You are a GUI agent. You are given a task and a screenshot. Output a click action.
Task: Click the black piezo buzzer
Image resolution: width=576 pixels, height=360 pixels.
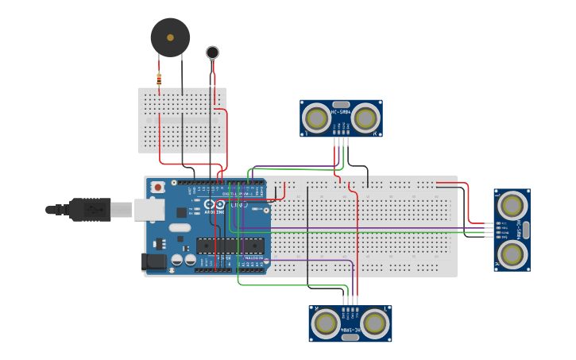[x=170, y=37]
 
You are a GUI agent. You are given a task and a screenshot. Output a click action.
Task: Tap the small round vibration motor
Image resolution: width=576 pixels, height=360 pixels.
[x=212, y=52]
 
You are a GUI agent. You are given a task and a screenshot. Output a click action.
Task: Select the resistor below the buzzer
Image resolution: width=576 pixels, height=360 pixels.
[x=159, y=79]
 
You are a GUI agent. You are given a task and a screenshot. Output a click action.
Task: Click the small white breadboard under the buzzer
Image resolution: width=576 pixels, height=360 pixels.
[x=182, y=120]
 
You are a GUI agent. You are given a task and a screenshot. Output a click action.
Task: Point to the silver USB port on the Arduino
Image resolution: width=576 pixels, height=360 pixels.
[x=149, y=209]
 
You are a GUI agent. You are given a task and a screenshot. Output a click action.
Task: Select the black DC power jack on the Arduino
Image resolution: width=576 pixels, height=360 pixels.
[x=153, y=261]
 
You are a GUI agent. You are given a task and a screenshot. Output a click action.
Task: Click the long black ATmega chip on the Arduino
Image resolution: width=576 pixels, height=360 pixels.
[x=230, y=248]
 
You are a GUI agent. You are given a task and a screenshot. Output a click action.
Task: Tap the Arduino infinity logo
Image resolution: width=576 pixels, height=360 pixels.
[x=214, y=204]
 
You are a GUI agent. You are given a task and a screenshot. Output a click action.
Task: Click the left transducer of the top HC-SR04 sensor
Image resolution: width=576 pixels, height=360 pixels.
[x=317, y=118]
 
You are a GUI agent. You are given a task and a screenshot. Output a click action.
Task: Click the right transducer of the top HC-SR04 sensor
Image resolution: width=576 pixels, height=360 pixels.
[x=365, y=118]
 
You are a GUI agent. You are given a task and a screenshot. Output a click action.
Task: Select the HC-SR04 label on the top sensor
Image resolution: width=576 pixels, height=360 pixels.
[x=341, y=112]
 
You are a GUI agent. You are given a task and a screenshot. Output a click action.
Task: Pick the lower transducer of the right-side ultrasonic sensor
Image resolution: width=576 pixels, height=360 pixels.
[x=512, y=254]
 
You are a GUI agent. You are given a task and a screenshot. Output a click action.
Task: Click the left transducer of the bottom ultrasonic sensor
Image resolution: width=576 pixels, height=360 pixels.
[x=326, y=323]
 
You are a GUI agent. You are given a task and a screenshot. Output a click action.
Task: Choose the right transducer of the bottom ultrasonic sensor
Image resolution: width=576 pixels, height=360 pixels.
[x=374, y=323]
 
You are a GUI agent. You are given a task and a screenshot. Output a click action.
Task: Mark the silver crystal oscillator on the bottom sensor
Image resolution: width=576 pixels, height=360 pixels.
[x=350, y=337]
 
